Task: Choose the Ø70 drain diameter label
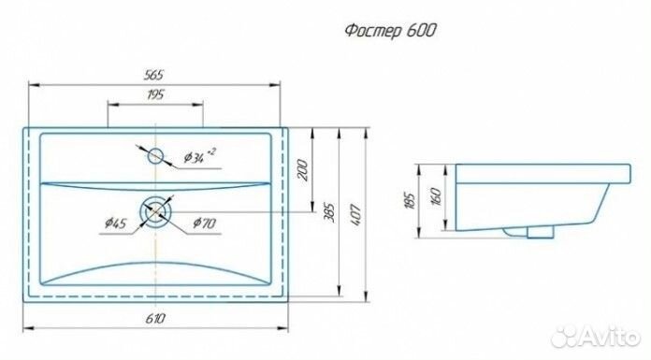pos(205,223)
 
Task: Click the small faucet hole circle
pos(155,155)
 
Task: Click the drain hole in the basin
pos(155,213)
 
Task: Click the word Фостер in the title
pos(374,30)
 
